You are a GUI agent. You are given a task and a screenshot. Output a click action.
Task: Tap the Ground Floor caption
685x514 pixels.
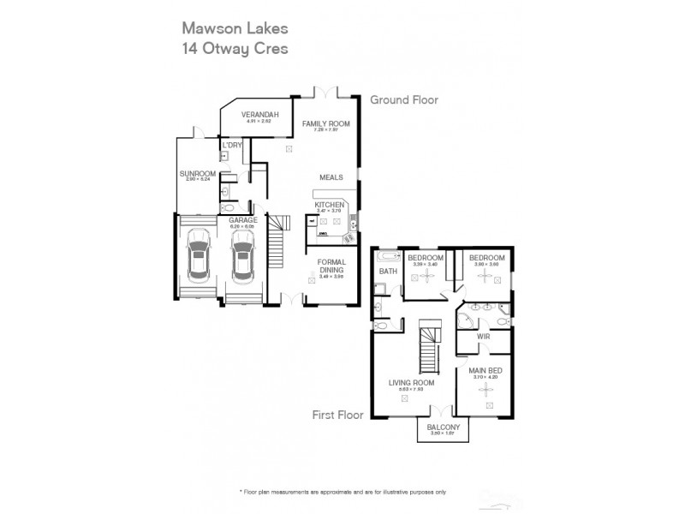coord(403,100)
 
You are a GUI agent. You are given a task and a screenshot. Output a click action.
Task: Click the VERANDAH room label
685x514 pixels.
coord(258,115)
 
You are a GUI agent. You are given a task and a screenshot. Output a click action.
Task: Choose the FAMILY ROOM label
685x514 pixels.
coord(326,124)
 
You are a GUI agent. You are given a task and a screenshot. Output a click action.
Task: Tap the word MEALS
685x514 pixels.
coord(331,177)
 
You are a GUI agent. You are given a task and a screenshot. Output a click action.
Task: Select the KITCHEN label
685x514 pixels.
coord(329,206)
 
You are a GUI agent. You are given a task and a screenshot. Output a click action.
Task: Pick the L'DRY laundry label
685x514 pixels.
coord(232,146)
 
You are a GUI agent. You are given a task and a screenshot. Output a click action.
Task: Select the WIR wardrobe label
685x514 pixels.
coord(483,338)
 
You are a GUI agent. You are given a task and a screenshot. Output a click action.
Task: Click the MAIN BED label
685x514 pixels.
coord(485,372)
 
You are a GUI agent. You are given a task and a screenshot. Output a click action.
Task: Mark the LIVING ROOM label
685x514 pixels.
coord(405,384)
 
